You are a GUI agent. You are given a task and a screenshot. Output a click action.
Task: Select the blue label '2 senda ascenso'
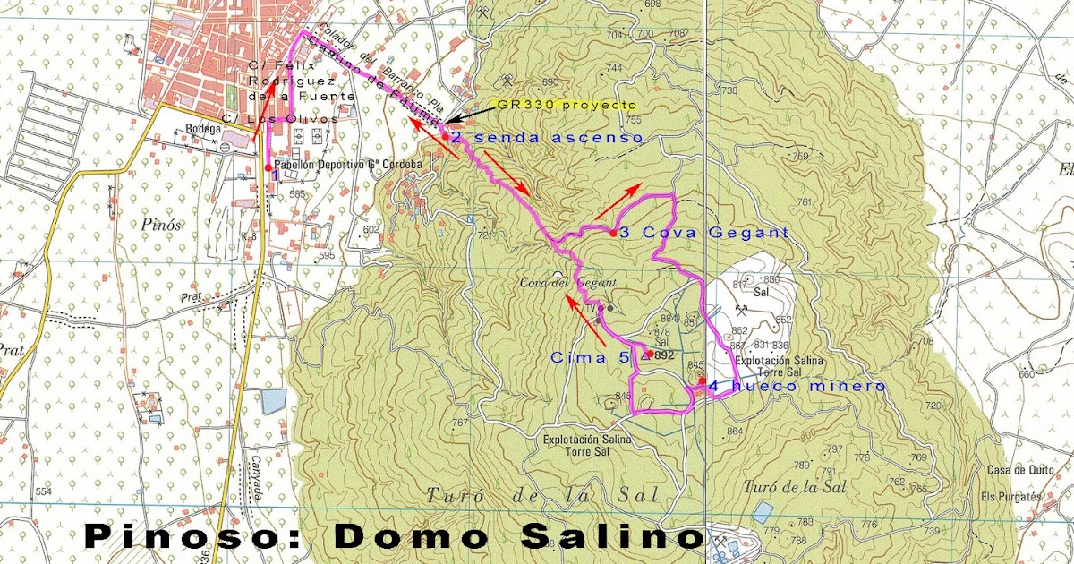(546, 138)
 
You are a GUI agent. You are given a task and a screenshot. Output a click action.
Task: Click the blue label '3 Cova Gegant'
(703, 233)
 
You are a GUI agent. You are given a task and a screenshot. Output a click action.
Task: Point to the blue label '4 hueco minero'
(797, 387)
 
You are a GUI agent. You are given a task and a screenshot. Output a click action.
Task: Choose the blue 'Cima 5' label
(589, 356)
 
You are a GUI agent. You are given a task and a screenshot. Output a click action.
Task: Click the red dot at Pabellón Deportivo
(268, 167)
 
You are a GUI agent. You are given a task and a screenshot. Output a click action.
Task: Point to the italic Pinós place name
(160, 225)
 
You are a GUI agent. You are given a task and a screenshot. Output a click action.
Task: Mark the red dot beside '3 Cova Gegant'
(612, 233)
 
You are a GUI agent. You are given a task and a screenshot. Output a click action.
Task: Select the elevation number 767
(461, 423)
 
